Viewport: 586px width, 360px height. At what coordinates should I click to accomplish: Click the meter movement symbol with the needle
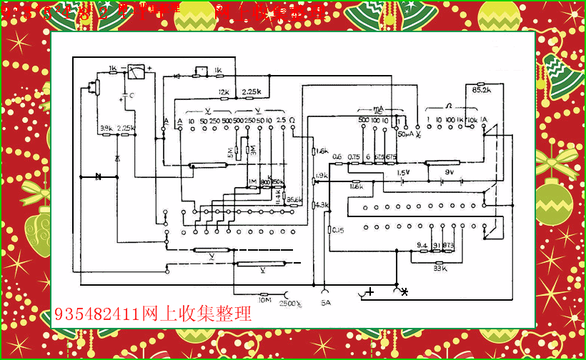pos(136,71)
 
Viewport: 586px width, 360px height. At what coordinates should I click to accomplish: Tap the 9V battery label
pos(450,172)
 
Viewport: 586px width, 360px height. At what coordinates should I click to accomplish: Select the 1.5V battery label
pos(403,172)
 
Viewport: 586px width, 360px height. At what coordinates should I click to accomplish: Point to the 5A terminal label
pos(326,302)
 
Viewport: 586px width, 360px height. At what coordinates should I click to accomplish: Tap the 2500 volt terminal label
pos(289,302)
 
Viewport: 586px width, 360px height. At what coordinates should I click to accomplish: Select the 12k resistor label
pos(224,92)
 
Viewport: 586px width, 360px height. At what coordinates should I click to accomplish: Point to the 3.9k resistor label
pos(106,128)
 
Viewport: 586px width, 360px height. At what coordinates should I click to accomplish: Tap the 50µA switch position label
pos(406,134)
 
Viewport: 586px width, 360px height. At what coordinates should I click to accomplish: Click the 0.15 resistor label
pos(336,230)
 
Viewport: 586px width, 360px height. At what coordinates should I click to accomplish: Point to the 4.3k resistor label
pos(322,206)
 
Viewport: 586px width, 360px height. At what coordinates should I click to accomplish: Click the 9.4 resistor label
pos(422,245)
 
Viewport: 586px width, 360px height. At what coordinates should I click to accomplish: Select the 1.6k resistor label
pos(322,151)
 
